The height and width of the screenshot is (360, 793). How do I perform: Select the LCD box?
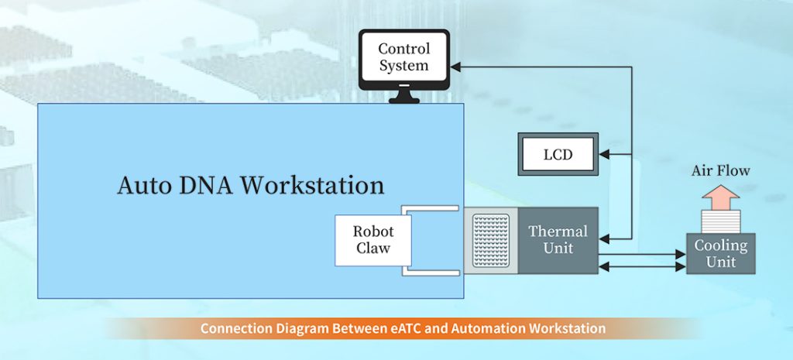pos(558,154)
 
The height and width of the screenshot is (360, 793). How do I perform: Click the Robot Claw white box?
pos(373,240)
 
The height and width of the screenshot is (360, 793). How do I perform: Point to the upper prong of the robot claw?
pos(430,208)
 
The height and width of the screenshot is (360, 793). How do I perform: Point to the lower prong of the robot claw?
pos(431,273)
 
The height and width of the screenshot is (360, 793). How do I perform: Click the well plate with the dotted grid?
pos(491,241)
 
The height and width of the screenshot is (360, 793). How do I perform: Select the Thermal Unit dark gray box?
pos(558,241)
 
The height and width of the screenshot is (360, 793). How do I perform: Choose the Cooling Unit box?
pos(721,253)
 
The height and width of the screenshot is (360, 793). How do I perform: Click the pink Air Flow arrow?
pos(721,197)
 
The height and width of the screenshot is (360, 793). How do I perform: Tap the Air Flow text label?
pos(721,170)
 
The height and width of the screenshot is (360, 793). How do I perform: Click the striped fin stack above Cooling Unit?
pos(721,221)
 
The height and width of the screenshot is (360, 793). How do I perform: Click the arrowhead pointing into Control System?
pos(455,67)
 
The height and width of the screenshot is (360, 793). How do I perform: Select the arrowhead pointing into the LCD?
pos(604,154)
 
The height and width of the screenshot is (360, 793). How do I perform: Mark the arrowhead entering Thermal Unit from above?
pos(604,238)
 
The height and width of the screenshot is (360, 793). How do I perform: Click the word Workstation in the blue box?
pos(312,186)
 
